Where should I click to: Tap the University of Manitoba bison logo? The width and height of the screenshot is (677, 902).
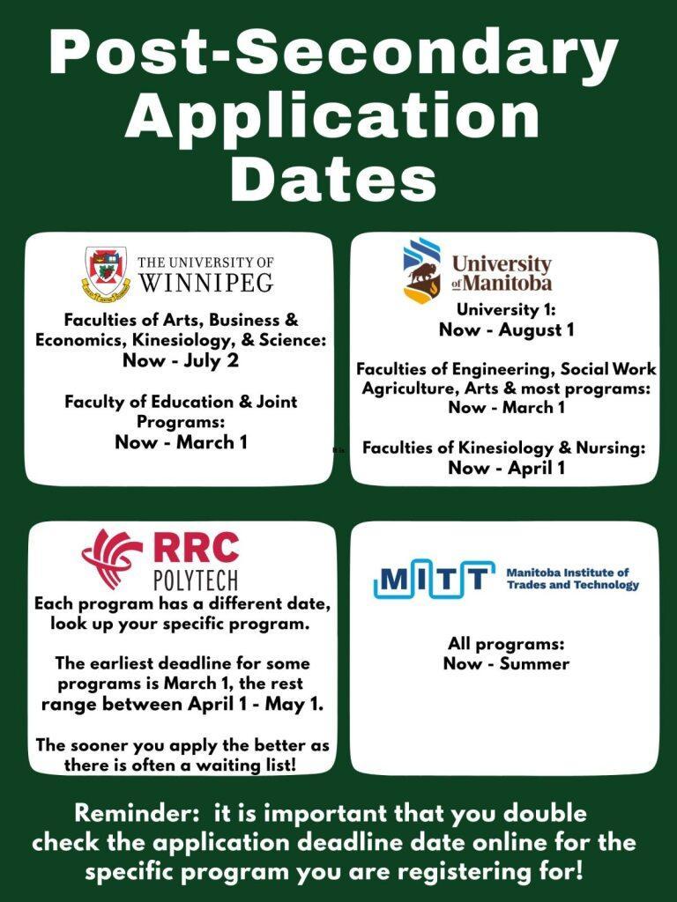[422, 271]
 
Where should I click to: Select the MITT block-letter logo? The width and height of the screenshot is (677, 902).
[434, 578]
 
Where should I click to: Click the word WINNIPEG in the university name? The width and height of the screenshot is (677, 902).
[206, 282]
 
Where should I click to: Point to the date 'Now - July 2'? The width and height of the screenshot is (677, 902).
[180, 360]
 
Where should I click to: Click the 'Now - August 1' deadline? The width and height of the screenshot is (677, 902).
[507, 329]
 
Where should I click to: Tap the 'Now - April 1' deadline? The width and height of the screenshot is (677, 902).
[507, 468]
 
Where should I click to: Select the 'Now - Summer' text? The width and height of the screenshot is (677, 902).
[506, 663]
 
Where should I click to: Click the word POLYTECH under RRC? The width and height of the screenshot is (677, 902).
[196, 580]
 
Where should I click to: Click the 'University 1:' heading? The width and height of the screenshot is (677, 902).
[506, 309]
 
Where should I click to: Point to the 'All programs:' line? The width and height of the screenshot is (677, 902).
[506, 644]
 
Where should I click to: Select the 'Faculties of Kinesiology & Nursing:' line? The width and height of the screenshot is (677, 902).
[503, 448]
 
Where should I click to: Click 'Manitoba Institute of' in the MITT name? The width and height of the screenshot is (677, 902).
[568, 573]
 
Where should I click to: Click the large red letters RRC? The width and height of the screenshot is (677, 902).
[196, 546]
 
